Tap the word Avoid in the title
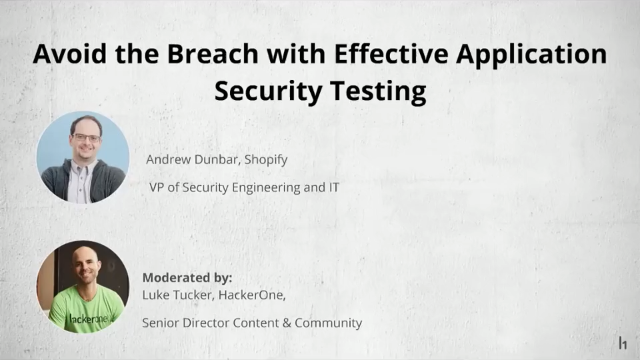67,53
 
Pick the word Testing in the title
374,92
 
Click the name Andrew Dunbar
191,159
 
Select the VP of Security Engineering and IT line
235,185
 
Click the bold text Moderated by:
188,276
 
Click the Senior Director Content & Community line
252,323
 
